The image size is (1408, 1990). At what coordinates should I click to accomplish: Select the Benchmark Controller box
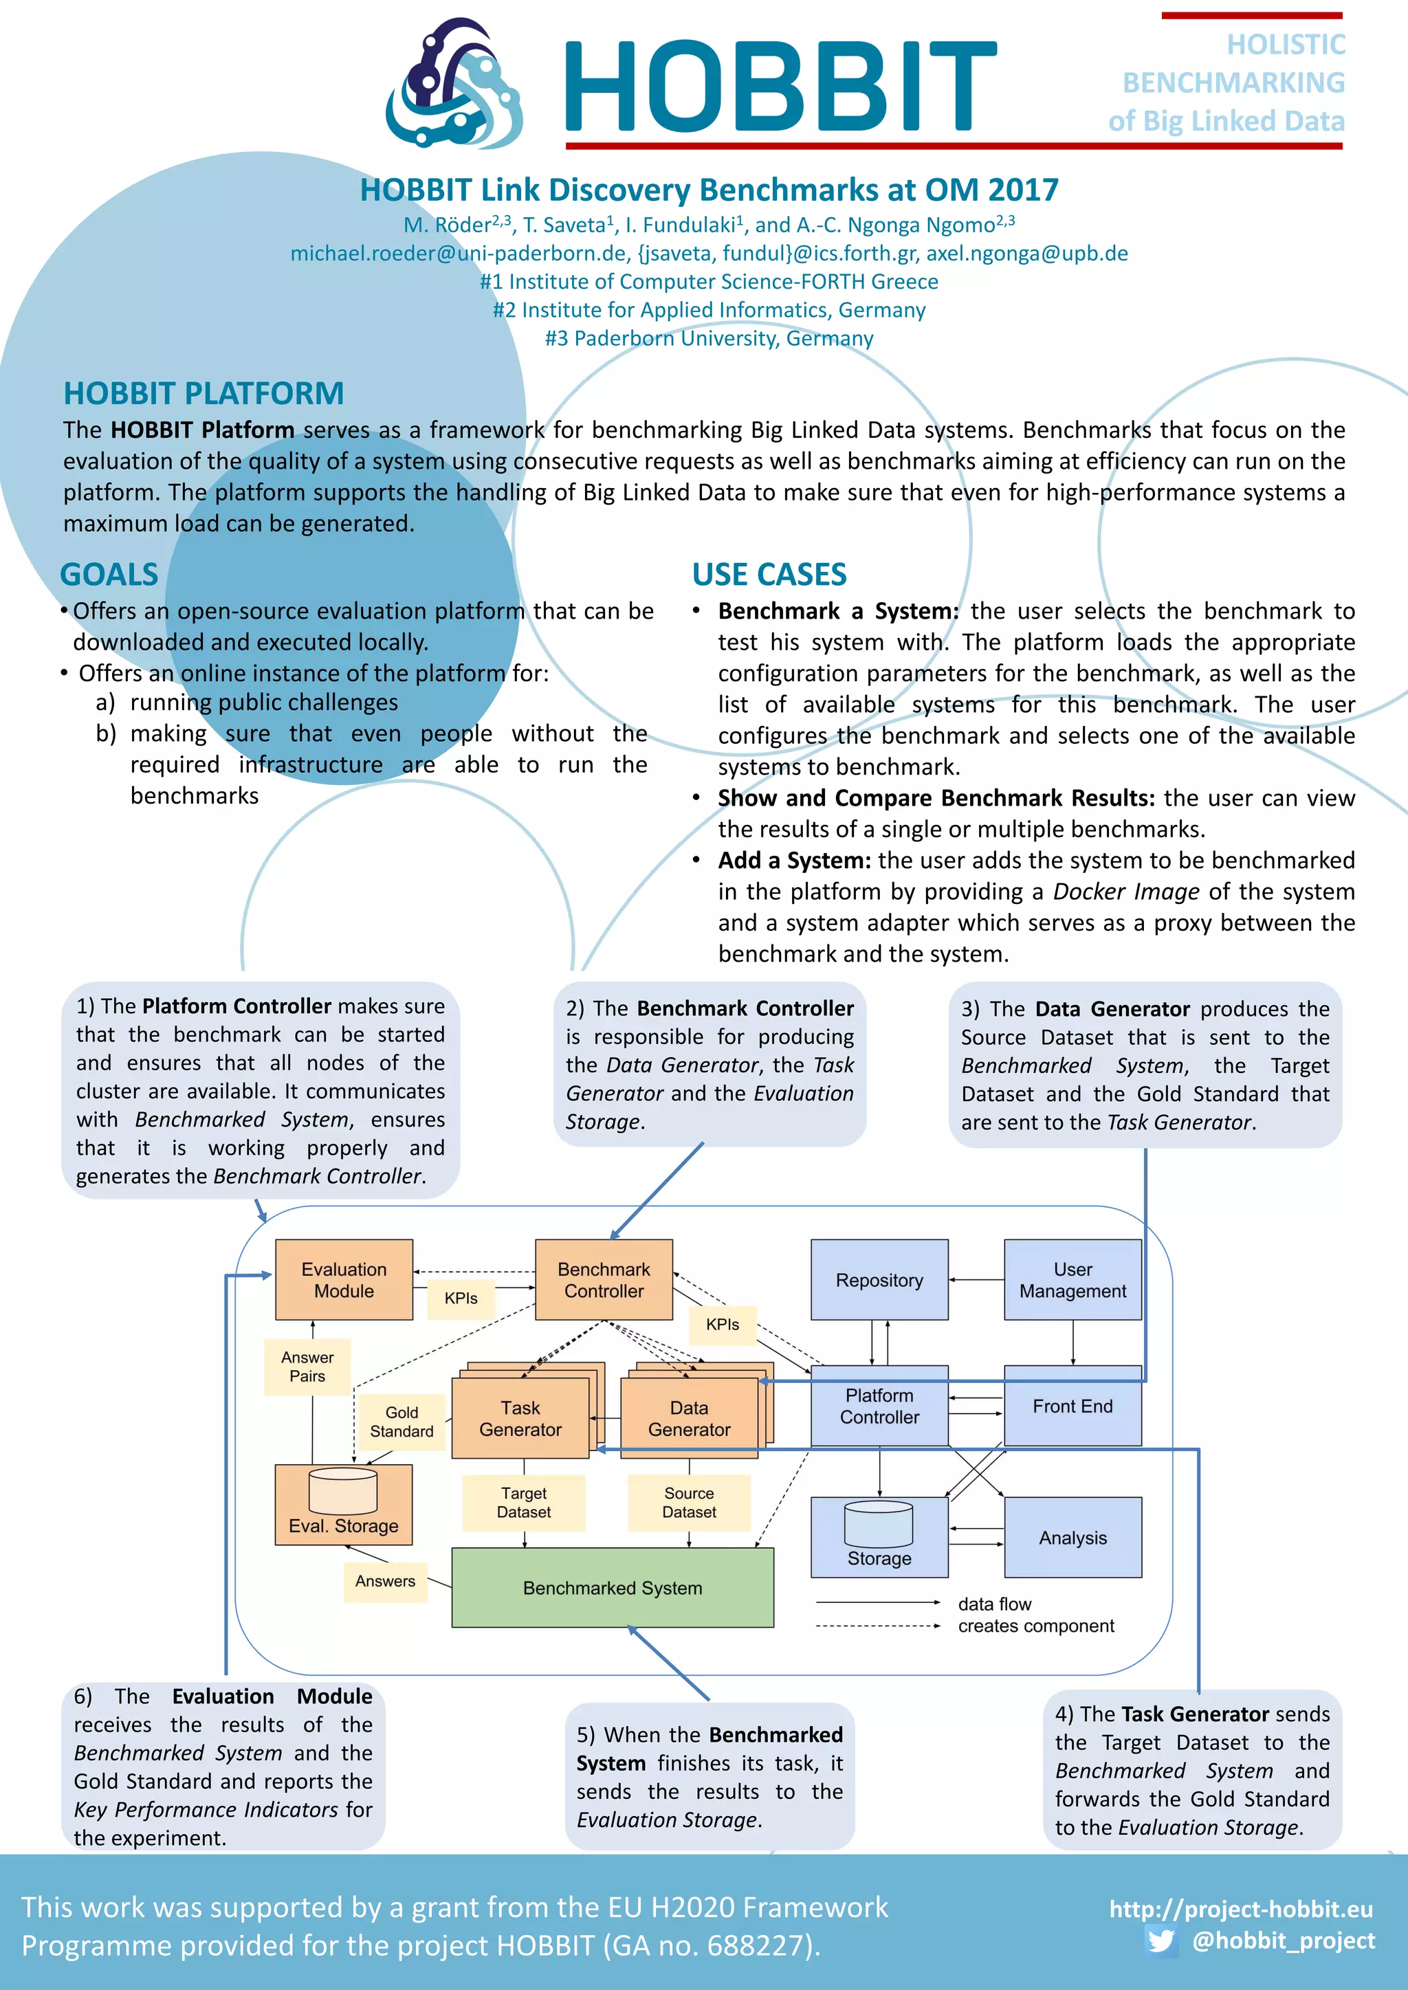click(604, 1279)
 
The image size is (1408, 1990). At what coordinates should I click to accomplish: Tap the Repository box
click(879, 1279)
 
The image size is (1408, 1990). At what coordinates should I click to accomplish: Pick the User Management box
click(1072, 1279)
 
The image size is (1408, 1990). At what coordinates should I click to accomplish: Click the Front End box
click(1072, 1406)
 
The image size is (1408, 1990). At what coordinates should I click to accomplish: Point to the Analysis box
click(1072, 1538)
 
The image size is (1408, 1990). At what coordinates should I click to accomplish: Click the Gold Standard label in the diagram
click(401, 1422)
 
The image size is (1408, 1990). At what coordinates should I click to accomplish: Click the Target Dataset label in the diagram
click(524, 1502)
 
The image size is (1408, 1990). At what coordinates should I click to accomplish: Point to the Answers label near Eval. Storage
click(385, 1581)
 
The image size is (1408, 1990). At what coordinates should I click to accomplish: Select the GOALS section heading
click(109, 575)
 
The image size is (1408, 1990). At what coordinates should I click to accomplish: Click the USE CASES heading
click(769, 575)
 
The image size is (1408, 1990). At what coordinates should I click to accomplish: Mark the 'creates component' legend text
click(1035, 1626)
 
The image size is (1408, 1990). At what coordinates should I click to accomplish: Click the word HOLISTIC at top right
click(1286, 44)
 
